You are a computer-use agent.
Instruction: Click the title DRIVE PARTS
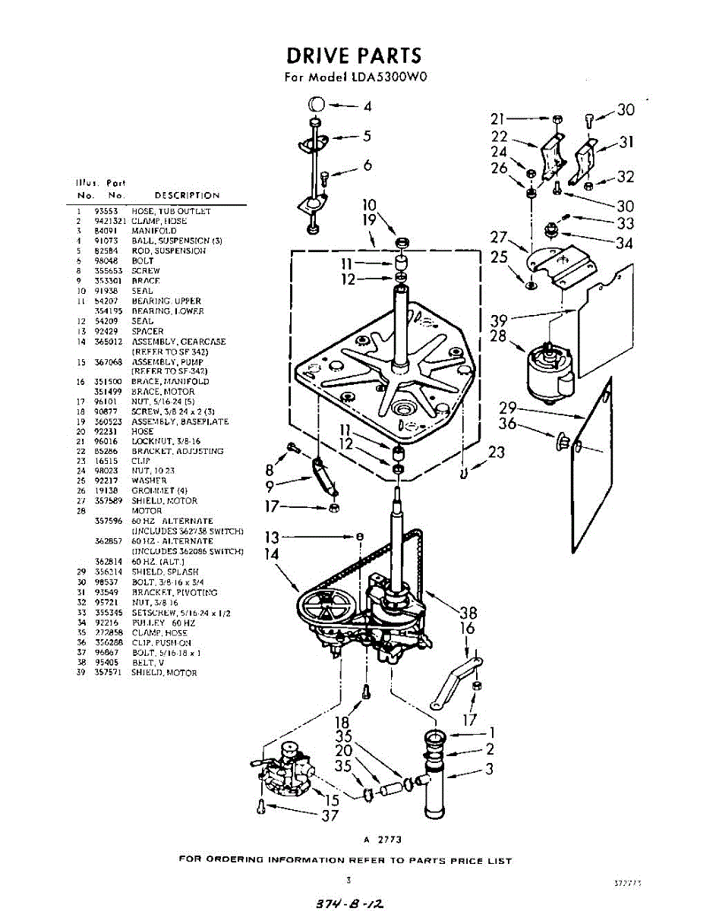pos(353,55)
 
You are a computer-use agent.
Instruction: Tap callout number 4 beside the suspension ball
pos(367,106)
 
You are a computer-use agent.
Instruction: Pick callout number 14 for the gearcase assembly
pos(271,554)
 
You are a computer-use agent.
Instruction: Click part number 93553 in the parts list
pos(105,211)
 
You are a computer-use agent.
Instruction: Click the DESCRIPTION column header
pos(187,195)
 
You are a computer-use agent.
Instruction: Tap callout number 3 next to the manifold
pos(490,768)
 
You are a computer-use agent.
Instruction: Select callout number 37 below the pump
pos(330,816)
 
